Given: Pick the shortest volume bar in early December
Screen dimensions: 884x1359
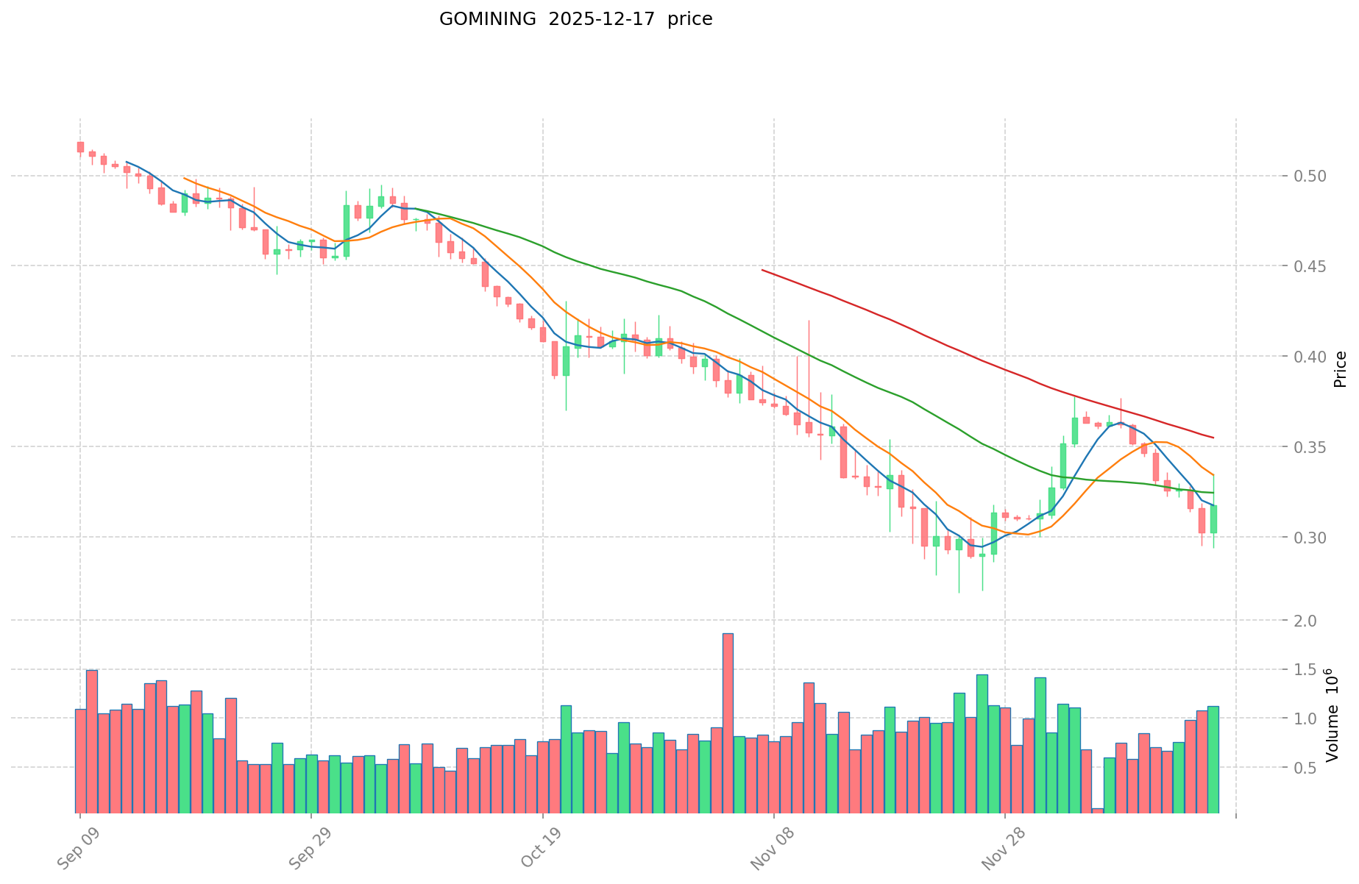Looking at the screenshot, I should pyautogui.click(x=1098, y=810).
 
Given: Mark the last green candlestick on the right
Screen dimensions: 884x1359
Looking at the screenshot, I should pyautogui.click(x=1213, y=518).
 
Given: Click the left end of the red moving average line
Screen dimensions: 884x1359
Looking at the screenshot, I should pyautogui.click(x=762, y=271).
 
